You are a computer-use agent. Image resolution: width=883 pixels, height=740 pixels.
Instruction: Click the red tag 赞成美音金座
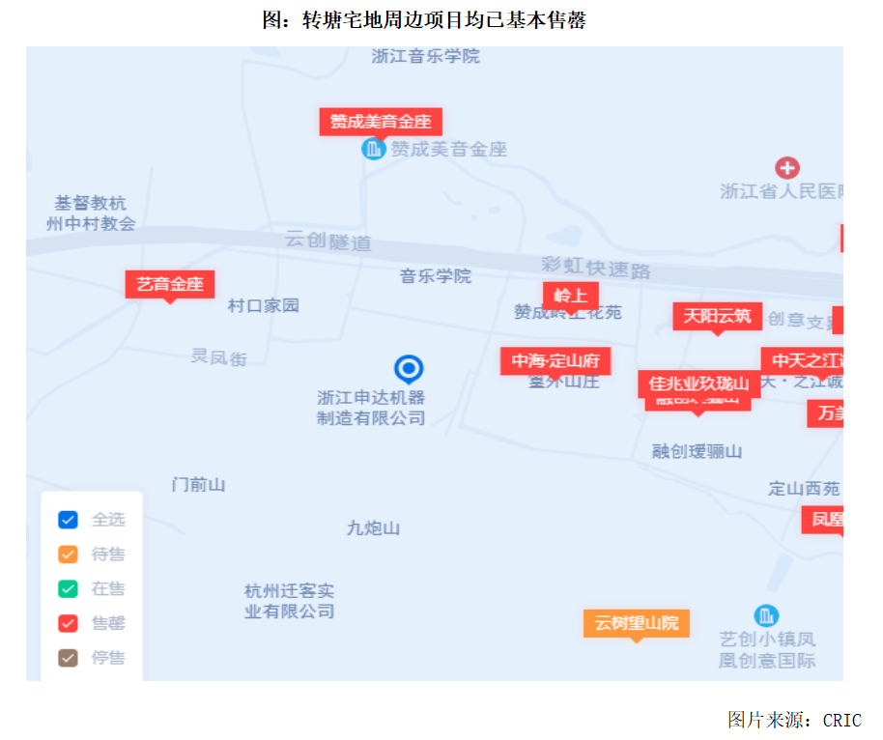coord(381,122)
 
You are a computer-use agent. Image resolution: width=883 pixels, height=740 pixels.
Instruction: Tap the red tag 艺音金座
coord(170,284)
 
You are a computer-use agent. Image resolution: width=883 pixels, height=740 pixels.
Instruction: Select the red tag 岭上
coord(570,296)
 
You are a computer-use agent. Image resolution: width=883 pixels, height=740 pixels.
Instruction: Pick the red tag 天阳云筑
coord(717,316)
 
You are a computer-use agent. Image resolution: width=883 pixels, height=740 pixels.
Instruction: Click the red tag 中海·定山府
coord(555,361)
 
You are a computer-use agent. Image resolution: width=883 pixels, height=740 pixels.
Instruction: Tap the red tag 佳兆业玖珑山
coord(698,384)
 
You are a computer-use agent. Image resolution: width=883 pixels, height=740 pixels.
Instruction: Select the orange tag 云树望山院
coord(636,623)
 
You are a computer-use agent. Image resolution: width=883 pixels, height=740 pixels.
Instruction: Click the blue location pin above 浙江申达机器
coord(409,368)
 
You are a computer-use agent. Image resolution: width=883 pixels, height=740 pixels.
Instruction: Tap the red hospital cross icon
coord(787,168)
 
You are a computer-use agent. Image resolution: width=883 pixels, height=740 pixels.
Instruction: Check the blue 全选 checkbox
coord(68,520)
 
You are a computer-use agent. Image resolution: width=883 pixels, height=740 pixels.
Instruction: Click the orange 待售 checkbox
coord(68,555)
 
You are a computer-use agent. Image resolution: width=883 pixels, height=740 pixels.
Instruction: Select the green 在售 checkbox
coord(68,588)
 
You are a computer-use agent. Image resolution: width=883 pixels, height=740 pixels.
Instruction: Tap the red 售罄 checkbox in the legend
coord(68,623)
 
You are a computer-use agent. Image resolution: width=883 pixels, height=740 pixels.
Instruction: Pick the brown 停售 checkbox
coord(68,658)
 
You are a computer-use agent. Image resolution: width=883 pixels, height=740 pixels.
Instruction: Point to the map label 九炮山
coord(373,528)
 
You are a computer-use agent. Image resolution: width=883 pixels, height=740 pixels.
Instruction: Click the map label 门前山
coord(198,484)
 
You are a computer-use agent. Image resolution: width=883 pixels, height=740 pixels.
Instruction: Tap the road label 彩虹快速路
coord(595,268)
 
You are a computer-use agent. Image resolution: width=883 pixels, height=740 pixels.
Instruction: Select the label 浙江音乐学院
coord(425,56)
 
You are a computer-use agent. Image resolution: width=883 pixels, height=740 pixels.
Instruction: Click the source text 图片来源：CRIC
coord(794,720)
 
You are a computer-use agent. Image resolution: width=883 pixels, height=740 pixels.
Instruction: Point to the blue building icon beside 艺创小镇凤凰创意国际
coord(767,615)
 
